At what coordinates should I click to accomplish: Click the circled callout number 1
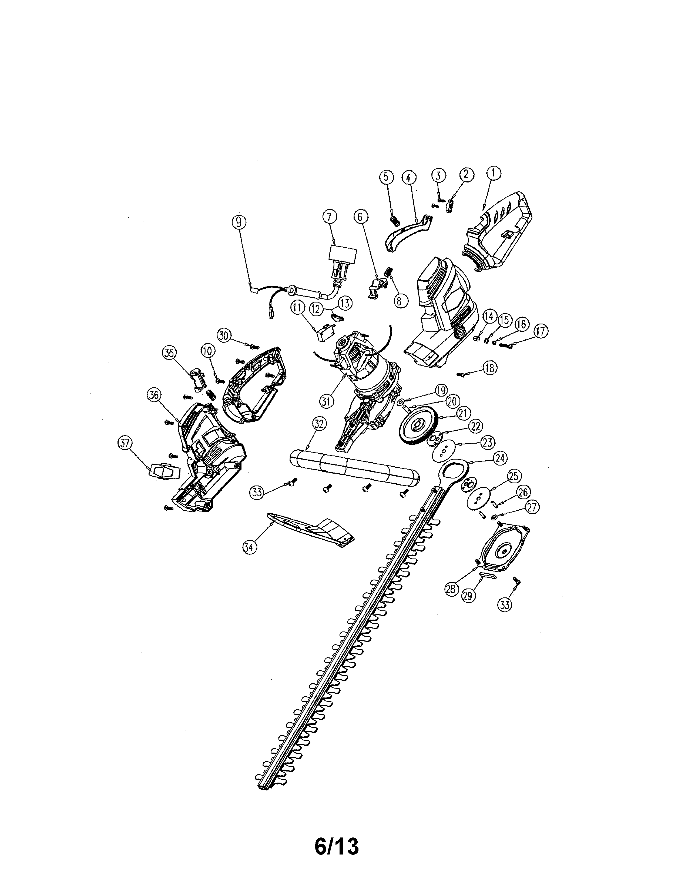pyautogui.click(x=494, y=173)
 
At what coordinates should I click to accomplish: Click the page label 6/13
pyautogui.click(x=337, y=844)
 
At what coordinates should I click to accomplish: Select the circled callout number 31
pyautogui.click(x=326, y=401)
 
